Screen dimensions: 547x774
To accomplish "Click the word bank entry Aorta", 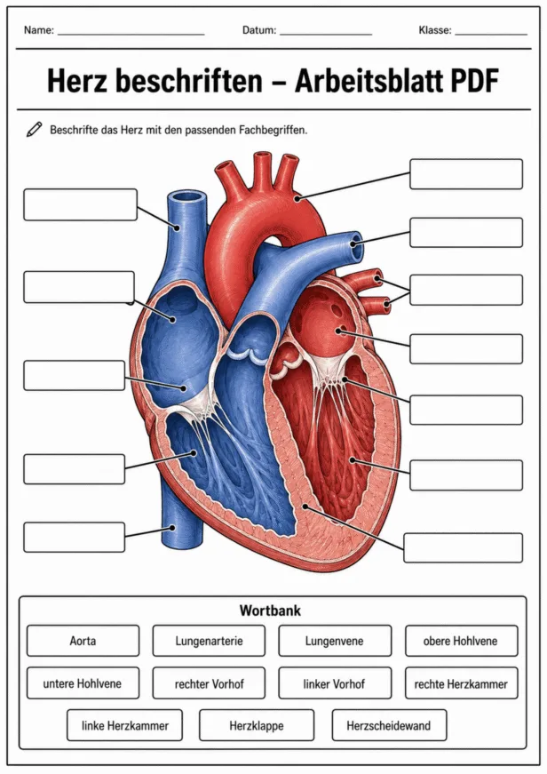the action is pyautogui.click(x=83, y=641).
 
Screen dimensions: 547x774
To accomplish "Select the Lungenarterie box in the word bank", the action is pyautogui.click(x=209, y=641).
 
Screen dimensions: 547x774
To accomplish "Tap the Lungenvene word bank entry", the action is pyautogui.click(x=335, y=641).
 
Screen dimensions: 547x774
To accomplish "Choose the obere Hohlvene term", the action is pyautogui.click(x=461, y=641).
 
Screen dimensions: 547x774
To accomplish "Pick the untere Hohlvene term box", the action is pyautogui.click(x=83, y=683).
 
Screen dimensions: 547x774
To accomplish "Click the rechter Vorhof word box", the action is pyautogui.click(x=209, y=683).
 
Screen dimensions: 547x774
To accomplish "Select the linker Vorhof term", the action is pyautogui.click(x=335, y=683).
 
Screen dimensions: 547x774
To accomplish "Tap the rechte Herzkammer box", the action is pyautogui.click(x=461, y=683).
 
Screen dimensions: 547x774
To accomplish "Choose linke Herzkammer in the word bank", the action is pyautogui.click(x=125, y=725).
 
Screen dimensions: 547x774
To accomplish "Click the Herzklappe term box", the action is pyautogui.click(x=257, y=725).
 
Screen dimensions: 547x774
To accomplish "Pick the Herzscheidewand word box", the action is pyautogui.click(x=389, y=725).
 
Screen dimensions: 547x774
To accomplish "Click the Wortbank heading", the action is pyautogui.click(x=270, y=610).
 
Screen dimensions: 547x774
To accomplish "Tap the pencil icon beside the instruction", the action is pyautogui.click(x=34, y=130).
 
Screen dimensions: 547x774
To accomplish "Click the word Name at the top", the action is pyautogui.click(x=37, y=30).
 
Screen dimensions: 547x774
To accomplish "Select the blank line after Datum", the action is pyautogui.click(x=326, y=35).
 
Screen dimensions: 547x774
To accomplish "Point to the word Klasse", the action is pyautogui.click(x=433, y=30).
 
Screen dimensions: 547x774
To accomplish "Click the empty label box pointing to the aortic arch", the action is pyautogui.click(x=466, y=174).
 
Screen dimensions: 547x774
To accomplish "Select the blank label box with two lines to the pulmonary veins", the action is pyautogui.click(x=466, y=290).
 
